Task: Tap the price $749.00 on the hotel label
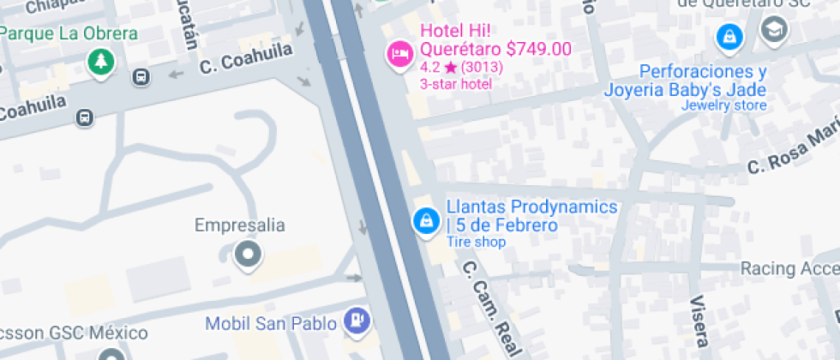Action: click(x=538, y=49)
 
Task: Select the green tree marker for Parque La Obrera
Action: click(x=101, y=60)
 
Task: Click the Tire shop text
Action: click(x=476, y=243)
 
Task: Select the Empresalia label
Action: click(x=239, y=226)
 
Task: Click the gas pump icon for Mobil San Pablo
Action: click(x=356, y=321)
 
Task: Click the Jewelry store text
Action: click(x=723, y=106)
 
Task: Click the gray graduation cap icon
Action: click(x=774, y=30)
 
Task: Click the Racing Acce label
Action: click(x=789, y=269)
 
